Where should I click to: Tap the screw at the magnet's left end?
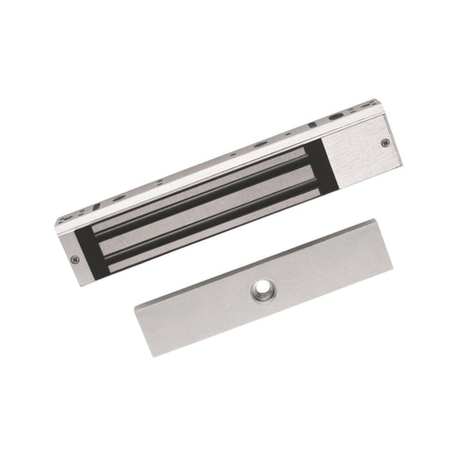click(x=75, y=256)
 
